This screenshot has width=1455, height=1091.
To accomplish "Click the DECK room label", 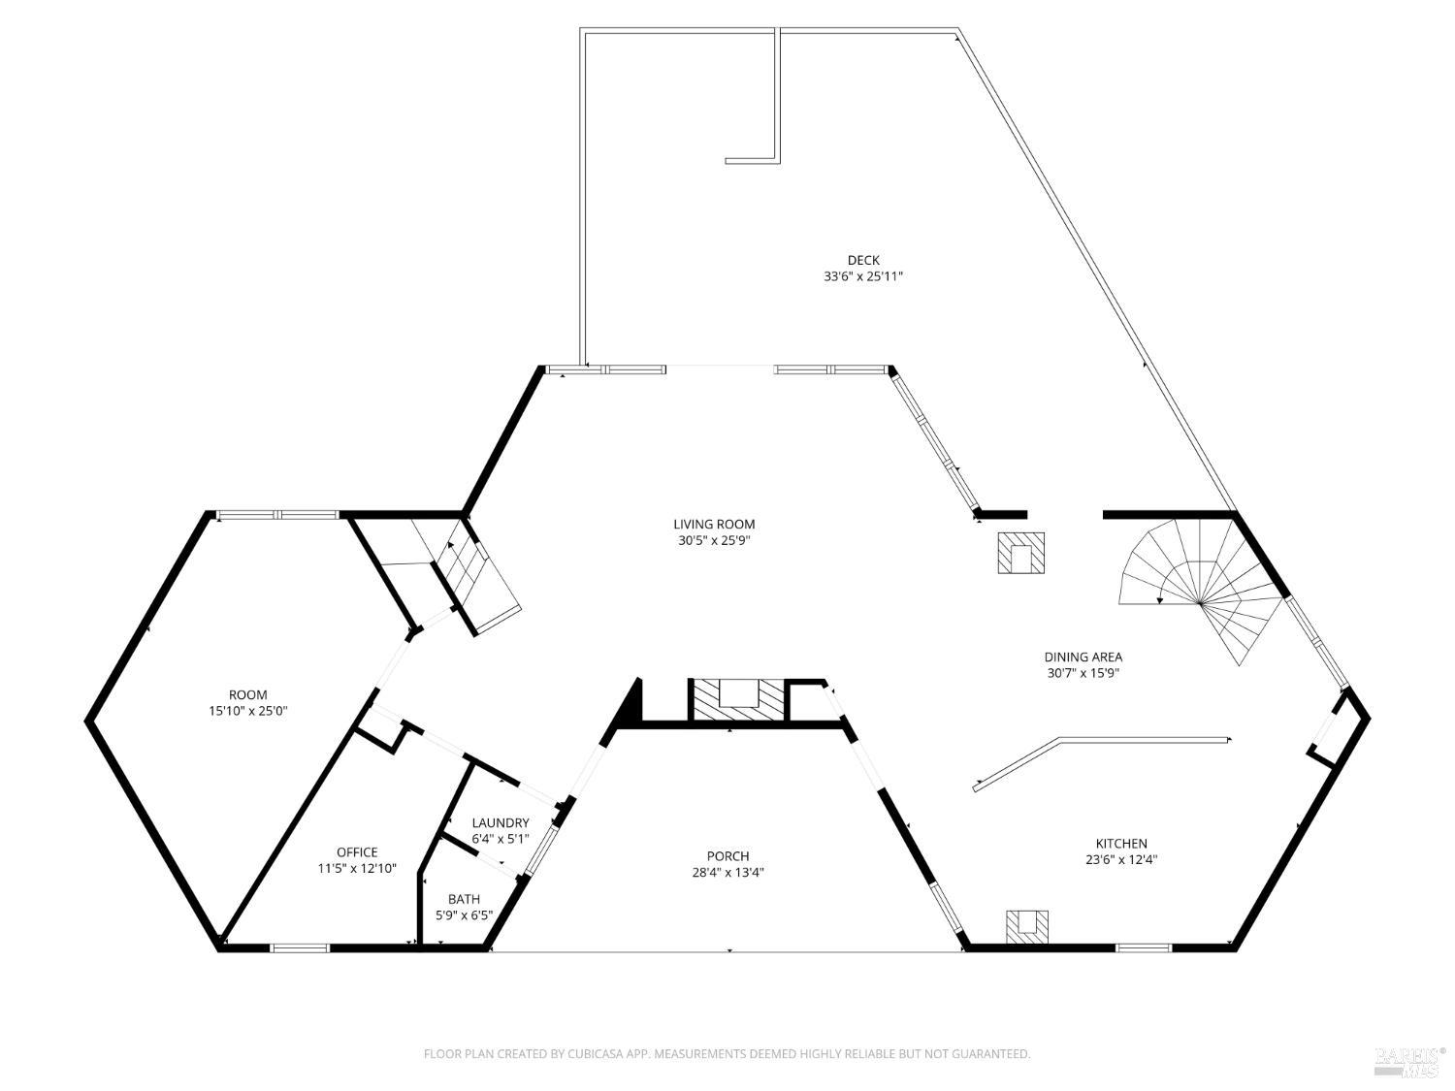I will [x=862, y=260].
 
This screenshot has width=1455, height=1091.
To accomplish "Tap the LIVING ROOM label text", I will [x=714, y=525].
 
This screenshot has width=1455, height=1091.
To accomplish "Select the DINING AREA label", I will [x=1083, y=657].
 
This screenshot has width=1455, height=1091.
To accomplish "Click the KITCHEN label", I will [x=1121, y=844].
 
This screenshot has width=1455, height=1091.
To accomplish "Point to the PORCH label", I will [x=727, y=855].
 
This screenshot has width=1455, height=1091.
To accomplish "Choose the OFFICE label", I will [x=357, y=852].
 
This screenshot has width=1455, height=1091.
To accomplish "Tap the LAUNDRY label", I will [x=501, y=822].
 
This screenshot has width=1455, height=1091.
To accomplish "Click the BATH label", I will [x=464, y=899].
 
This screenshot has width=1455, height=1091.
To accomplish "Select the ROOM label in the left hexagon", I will [x=248, y=694].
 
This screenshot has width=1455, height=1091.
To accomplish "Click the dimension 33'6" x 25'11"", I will [x=862, y=276].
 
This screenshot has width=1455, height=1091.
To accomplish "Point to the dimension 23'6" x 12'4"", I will [x=1121, y=859].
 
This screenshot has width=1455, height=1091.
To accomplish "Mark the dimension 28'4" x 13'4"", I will [x=727, y=871].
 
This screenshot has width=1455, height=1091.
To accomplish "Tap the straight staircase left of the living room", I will [x=466, y=572].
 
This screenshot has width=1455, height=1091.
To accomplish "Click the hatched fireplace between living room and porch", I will [x=737, y=698].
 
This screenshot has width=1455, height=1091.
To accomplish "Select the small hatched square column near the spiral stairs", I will [x=1021, y=553].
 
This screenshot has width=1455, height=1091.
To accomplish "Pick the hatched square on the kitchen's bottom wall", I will [x=1027, y=926].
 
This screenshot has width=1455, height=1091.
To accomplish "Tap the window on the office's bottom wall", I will [x=299, y=947].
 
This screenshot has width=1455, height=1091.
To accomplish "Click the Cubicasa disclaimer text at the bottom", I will [x=727, y=1053].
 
